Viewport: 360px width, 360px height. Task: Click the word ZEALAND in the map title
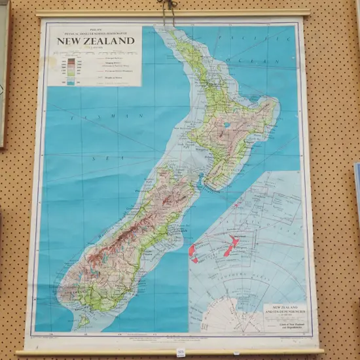pos(110,41)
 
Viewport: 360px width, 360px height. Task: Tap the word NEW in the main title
pos(69,41)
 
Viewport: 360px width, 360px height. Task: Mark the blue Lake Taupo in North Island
pos(226,124)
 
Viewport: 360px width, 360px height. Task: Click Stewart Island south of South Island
pos(82,321)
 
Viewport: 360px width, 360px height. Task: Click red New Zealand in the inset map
pos(229,246)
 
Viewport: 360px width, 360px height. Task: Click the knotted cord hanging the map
pos(170,6)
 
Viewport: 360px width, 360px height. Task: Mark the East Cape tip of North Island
pos(278,101)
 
